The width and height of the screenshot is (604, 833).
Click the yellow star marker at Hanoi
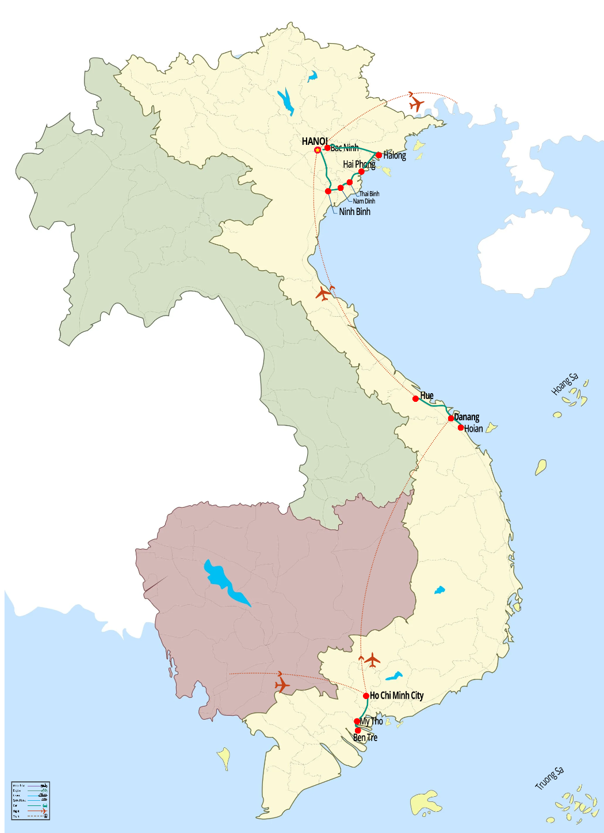[x=318, y=150]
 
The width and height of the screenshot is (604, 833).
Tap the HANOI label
[x=314, y=141]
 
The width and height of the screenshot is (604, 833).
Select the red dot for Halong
[x=379, y=155]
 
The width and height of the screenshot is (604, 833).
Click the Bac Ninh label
[x=345, y=148]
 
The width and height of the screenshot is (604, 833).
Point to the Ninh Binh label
[x=354, y=212]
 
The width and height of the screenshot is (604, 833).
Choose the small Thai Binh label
[x=369, y=194]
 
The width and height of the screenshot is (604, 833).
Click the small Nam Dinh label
[x=364, y=201]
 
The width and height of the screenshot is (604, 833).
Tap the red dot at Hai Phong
[x=361, y=172]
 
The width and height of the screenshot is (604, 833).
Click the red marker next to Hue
[x=415, y=398]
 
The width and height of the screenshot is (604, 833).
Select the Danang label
[x=467, y=417]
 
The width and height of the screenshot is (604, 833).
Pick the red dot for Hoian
[x=460, y=428]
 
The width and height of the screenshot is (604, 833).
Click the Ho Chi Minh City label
[x=396, y=696]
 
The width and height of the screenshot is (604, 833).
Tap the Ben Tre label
[x=365, y=738]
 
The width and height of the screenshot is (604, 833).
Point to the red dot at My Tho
[x=357, y=721]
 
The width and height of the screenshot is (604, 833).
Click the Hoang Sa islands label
[x=564, y=384]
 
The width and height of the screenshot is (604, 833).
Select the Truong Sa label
[x=549, y=778]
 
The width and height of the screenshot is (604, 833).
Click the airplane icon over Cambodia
[x=281, y=685]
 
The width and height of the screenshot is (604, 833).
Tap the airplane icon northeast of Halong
[x=416, y=104]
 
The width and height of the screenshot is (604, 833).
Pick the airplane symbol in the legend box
[x=44, y=811]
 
